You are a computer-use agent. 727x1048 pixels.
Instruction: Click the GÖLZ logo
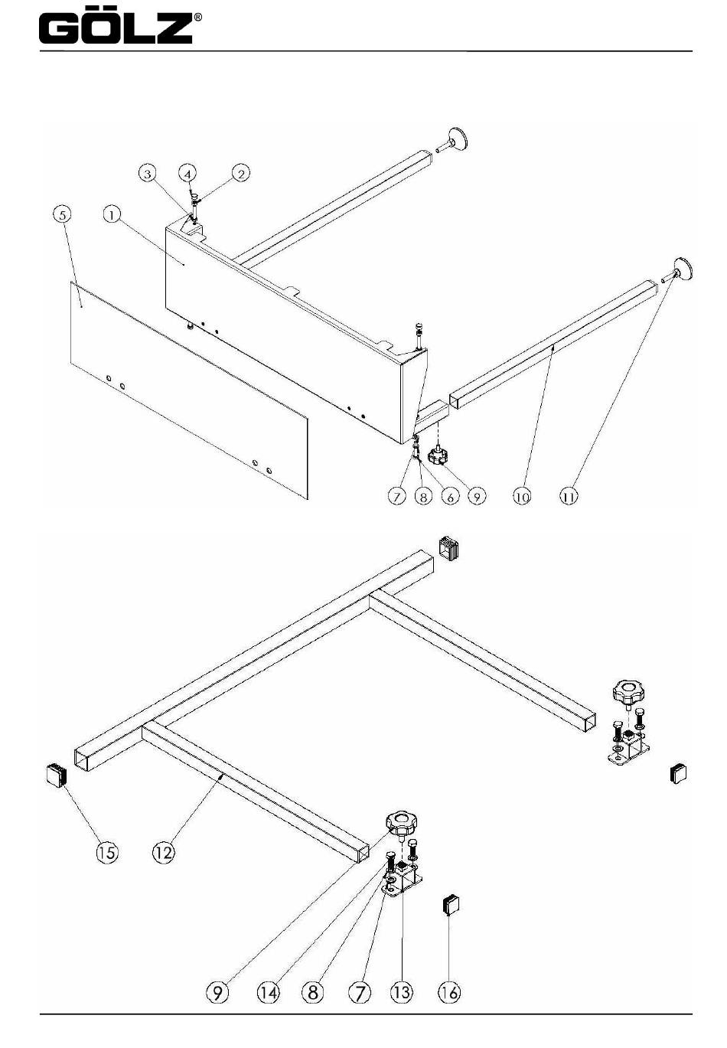point(116,28)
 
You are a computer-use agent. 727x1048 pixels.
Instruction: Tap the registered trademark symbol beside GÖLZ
point(198,17)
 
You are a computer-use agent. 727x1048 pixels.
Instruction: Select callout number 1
point(112,214)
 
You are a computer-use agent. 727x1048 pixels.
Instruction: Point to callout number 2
point(240,174)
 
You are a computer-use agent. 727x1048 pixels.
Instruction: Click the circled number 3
point(148,174)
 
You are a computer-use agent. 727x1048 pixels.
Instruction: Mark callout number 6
point(450,496)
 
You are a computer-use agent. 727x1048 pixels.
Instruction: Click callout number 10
point(521,496)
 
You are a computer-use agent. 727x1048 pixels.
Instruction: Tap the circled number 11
point(569,496)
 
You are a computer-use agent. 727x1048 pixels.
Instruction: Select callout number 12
point(164,851)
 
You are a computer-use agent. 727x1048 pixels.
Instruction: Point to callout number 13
point(401,993)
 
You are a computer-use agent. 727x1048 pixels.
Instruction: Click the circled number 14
point(268,993)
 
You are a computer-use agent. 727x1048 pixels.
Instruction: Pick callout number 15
point(107,851)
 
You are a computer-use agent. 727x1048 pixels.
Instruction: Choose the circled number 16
point(449,993)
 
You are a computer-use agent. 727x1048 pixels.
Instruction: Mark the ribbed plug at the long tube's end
point(449,549)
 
